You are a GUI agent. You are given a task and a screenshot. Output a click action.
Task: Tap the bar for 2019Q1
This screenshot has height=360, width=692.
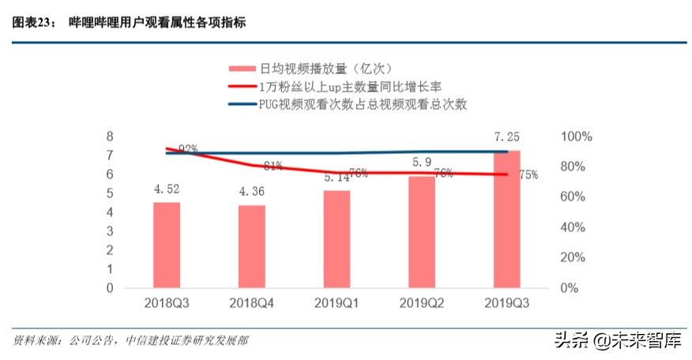tap(337, 239)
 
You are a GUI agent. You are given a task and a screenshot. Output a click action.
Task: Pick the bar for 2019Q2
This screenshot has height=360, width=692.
tap(421, 232)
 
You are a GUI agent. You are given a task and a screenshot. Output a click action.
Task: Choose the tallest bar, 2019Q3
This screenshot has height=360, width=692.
tap(506, 219)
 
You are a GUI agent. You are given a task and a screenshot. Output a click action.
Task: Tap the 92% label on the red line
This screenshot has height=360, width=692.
tap(188, 148)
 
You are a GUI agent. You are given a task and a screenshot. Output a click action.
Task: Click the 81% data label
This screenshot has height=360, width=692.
tap(273, 166)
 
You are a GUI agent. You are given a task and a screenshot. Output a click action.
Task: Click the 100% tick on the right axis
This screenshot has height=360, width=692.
tap(575, 137)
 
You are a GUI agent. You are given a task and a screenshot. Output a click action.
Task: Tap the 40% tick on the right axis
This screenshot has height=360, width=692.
tap(573, 227)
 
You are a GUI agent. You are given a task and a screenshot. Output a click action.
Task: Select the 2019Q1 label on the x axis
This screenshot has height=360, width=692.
tap(337, 303)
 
